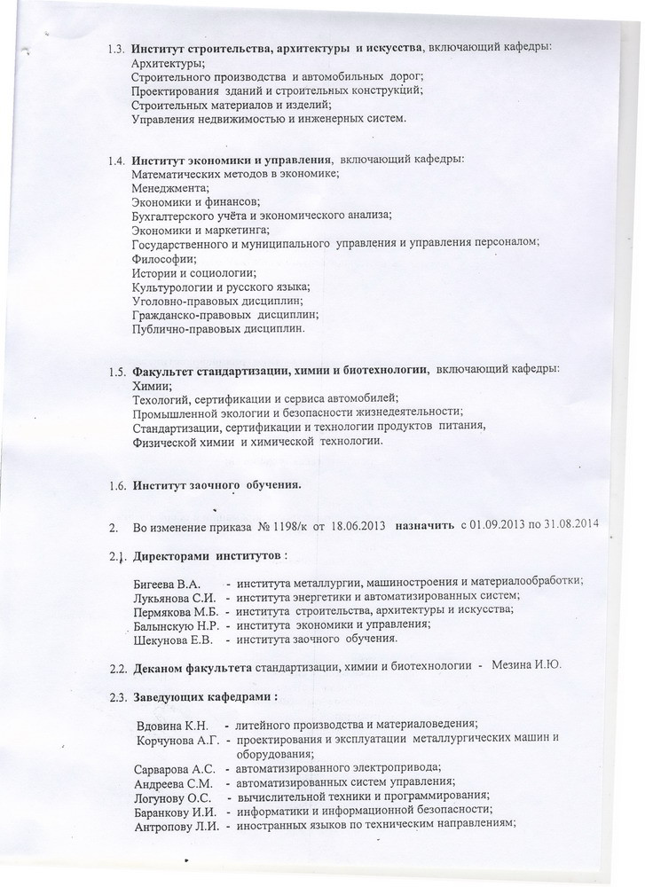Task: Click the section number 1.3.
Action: tap(115, 49)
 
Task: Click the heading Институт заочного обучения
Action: tap(216, 485)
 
